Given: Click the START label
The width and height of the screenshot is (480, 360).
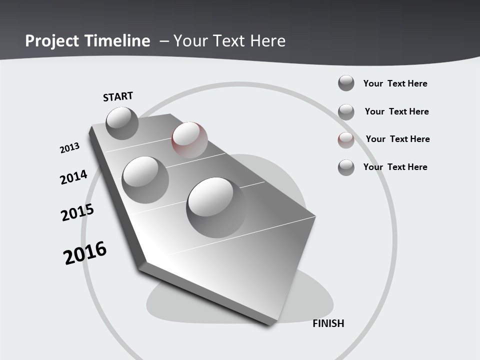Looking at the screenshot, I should [118, 96].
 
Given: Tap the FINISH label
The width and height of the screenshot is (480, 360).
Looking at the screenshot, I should [328, 323].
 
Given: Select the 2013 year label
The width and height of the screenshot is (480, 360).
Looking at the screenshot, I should [69, 148].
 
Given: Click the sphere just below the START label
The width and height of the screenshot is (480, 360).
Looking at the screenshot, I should [122, 123].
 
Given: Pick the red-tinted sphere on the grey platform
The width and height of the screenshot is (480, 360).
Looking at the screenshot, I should [189, 139].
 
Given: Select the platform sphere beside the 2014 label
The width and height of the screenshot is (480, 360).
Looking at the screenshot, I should [145, 180].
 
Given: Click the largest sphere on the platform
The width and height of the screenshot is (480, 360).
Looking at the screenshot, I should [216, 203].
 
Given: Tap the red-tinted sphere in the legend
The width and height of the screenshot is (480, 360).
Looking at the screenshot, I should [346, 140].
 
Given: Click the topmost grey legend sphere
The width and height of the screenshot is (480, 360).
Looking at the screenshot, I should [346, 83].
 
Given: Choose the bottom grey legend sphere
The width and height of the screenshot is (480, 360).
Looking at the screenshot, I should [346, 167].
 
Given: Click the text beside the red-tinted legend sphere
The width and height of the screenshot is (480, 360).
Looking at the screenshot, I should [397, 139].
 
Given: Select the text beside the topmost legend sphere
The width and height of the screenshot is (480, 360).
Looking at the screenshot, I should [395, 83].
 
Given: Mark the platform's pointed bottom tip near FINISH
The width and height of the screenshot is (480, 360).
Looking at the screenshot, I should [270, 324].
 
